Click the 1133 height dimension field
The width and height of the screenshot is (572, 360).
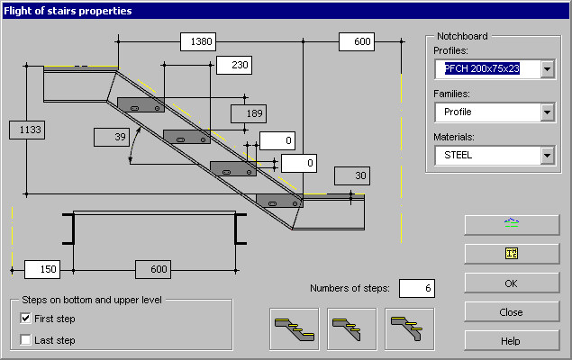point(27,130)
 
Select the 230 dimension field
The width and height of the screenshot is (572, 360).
point(233,65)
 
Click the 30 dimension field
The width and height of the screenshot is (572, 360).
point(351,175)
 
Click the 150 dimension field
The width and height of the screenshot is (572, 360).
point(41,269)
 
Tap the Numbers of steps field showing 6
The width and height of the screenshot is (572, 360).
point(416,288)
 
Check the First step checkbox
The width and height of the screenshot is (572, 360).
point(26,318)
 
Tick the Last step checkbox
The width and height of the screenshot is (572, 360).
point(26,339)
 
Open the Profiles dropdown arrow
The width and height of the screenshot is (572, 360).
point(546,69)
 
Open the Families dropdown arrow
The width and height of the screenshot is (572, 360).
point(546,112)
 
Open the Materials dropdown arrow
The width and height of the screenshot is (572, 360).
point(546,155)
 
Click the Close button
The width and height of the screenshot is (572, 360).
point(511,312)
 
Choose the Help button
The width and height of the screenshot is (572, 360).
point(511,341)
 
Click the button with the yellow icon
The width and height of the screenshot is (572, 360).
point(511,253)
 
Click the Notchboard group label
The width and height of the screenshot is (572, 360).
point(462,35)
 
